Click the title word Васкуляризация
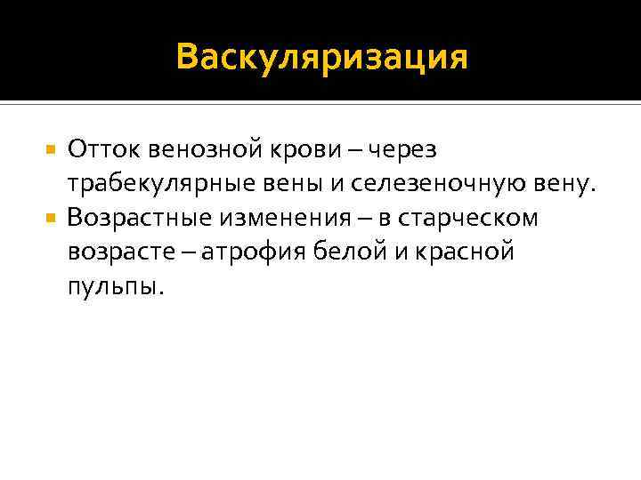click(321, 57)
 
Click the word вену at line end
click(554, 185)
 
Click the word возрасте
click(124, 253)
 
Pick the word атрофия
click(256, 253)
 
